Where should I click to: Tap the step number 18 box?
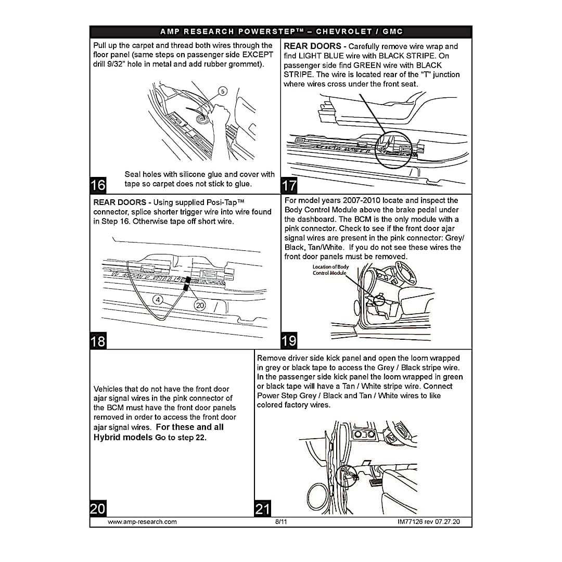[x=98, y=341]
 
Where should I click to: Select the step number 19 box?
[x=289, y=341]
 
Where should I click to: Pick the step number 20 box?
[x=98, y=508]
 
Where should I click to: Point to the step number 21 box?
[x=263, y=508]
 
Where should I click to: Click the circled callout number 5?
[x=222, y=92]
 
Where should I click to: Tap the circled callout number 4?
[x=158, y=299]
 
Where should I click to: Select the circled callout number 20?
[x=199, y=305]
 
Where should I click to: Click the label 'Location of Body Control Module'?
[x=330, y=270]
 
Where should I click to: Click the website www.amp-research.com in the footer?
[x=142, y=522]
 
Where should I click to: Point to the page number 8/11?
[x=281, y=522]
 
